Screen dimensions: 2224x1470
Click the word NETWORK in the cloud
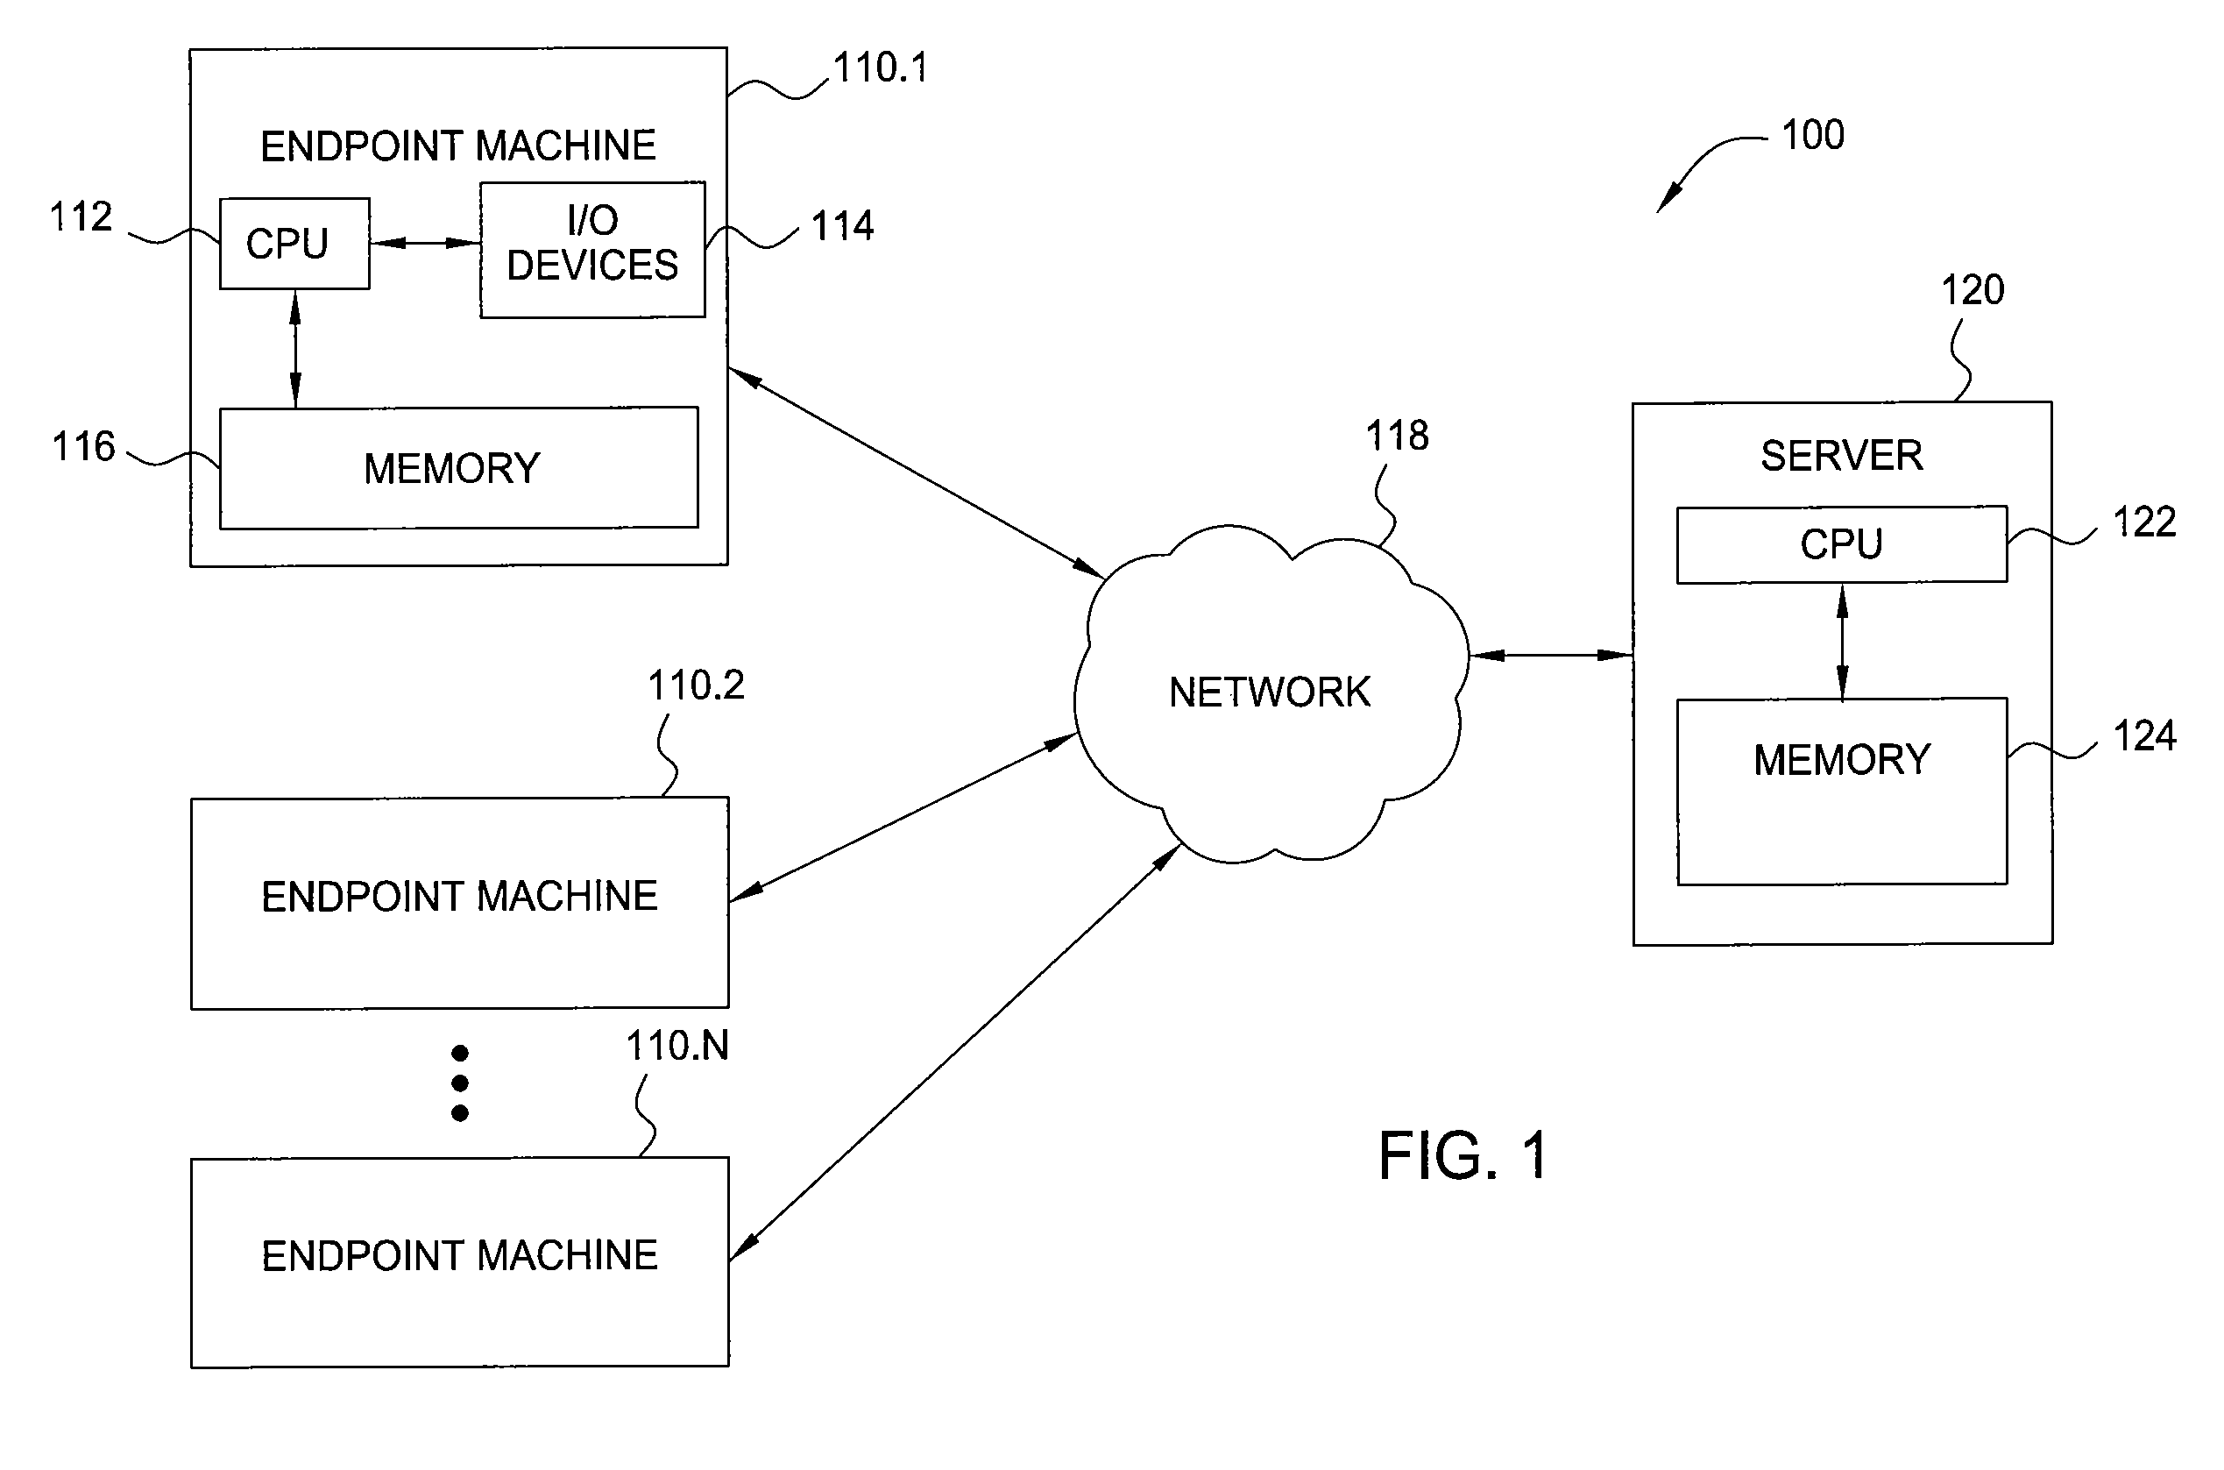[x=1269, y=692]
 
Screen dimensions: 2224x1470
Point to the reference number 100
[x=1812, y=135]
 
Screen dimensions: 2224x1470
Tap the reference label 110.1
[x=880, y=67]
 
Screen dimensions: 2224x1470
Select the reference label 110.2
[x=696, y=685]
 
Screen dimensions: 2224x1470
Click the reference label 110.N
[x=676, y=1046]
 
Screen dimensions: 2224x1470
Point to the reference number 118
[x=1397, y=435]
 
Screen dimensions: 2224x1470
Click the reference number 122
[x=2144, y=522]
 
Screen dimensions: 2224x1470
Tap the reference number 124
[x=2144, y=736]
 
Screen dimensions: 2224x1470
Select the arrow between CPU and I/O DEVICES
[x=426, y=244]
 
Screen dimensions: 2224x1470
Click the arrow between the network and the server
[x=1551, y=656]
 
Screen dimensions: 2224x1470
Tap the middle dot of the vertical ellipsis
[x=459, y=1083]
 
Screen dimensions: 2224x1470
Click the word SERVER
[x=1842, y=456]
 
